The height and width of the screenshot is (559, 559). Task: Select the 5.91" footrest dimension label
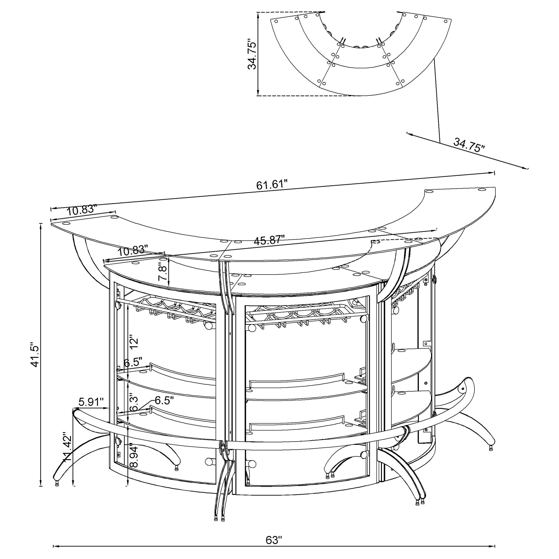(91, 402)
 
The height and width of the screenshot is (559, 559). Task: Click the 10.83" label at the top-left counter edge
(81, 210)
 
